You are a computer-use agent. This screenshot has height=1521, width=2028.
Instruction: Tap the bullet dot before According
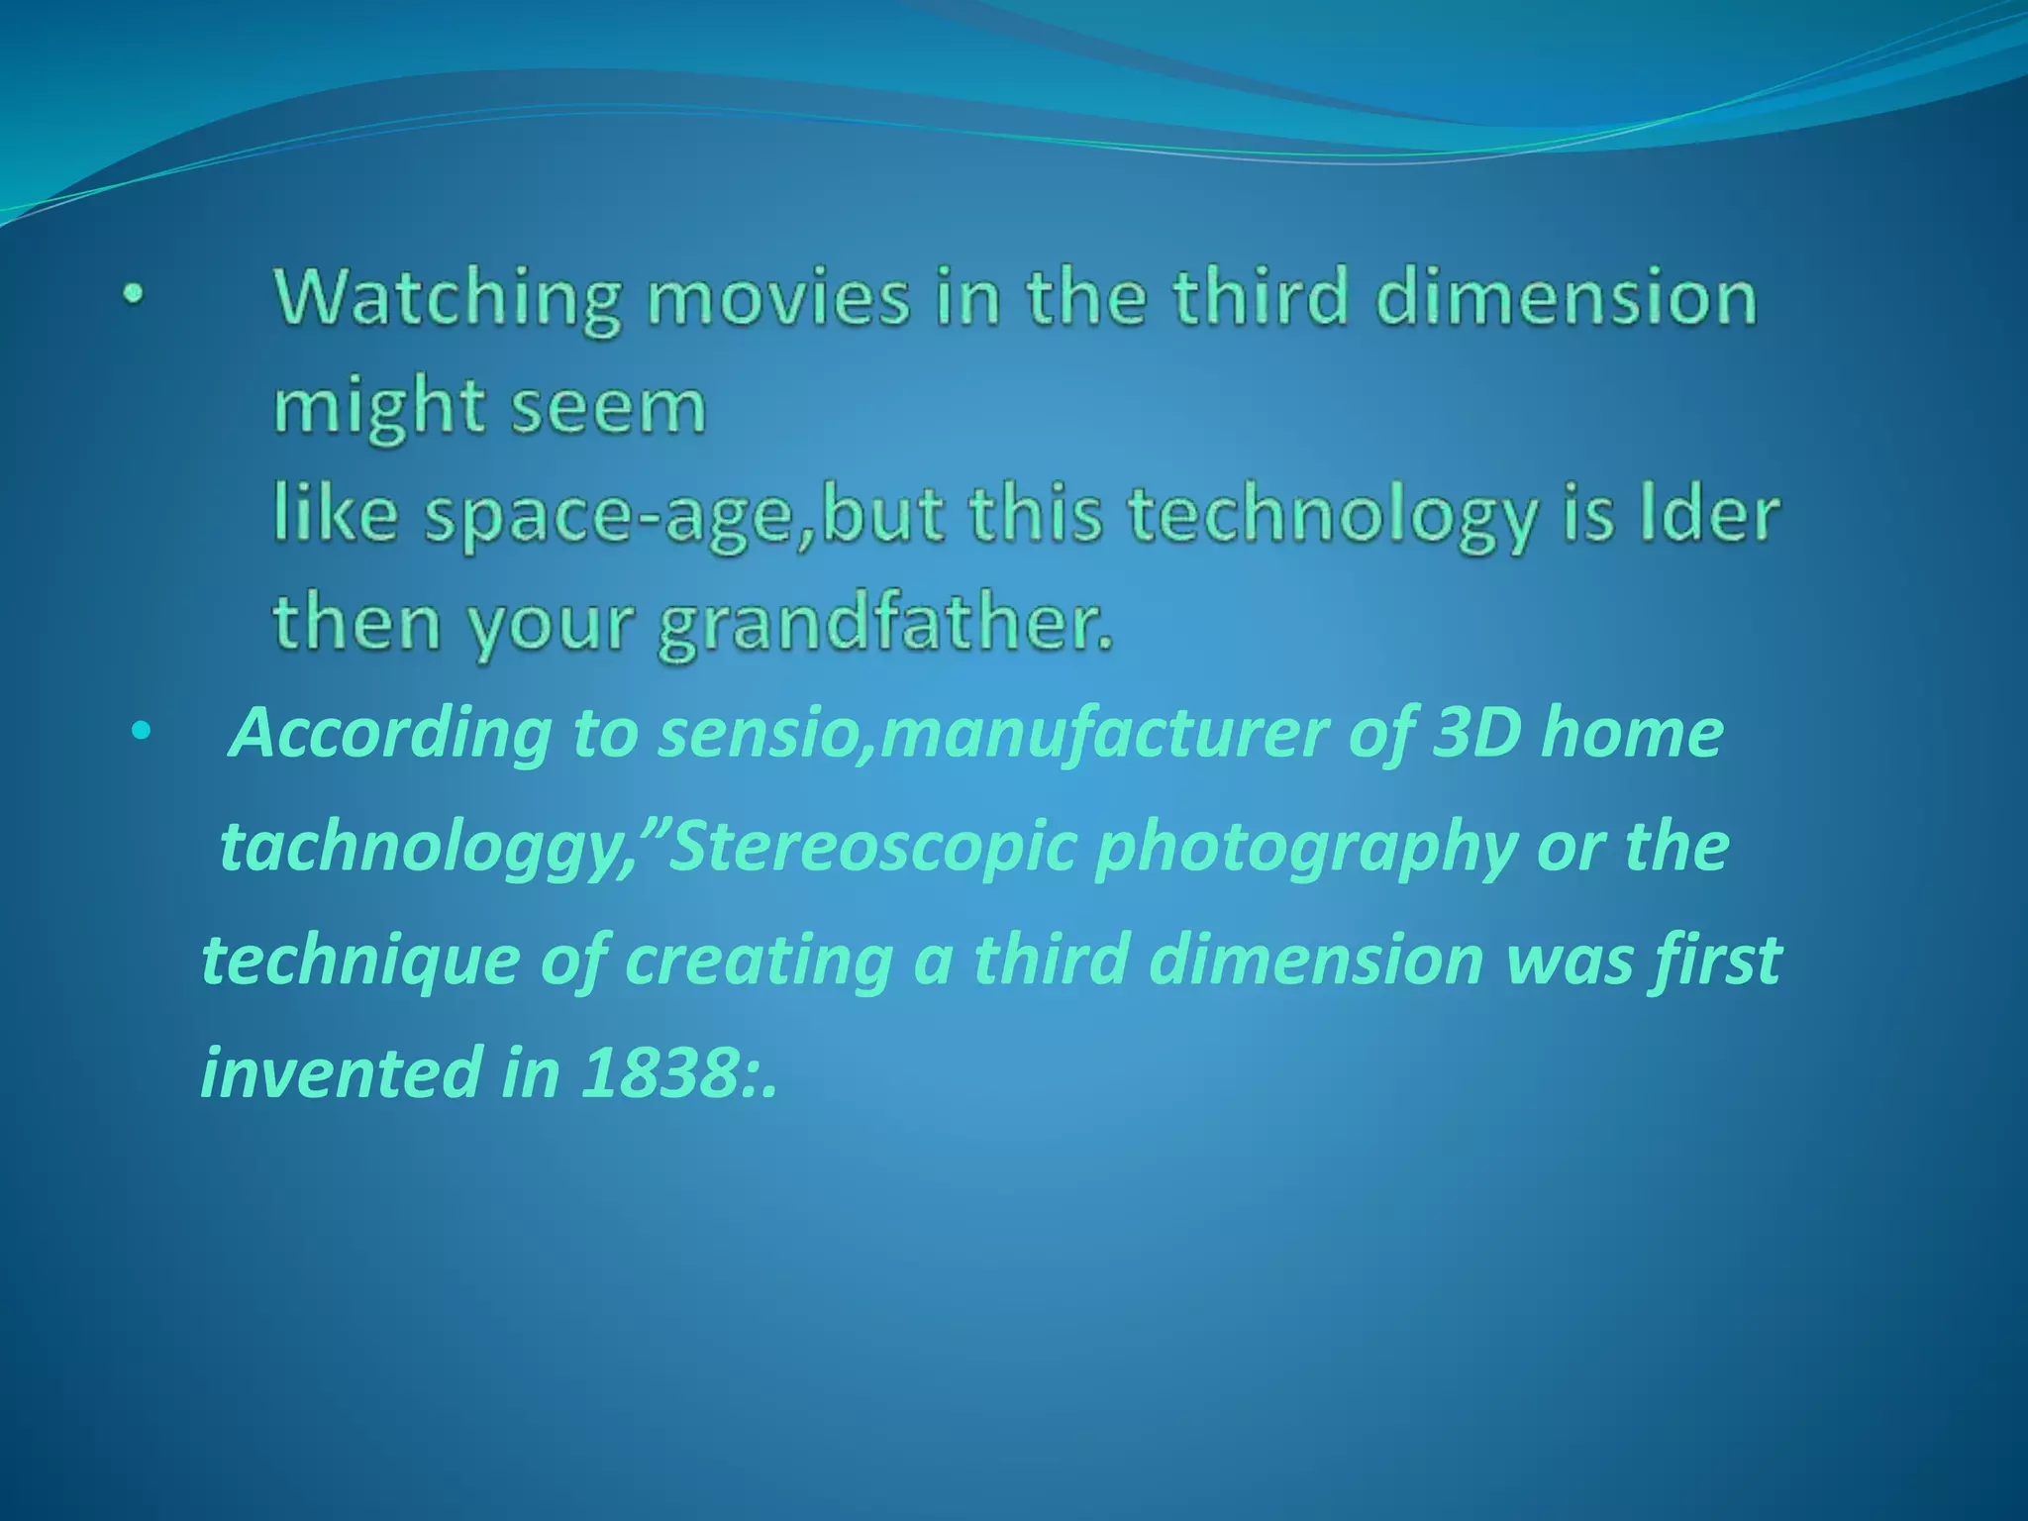142,734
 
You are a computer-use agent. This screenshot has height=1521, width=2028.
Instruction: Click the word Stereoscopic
871,848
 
